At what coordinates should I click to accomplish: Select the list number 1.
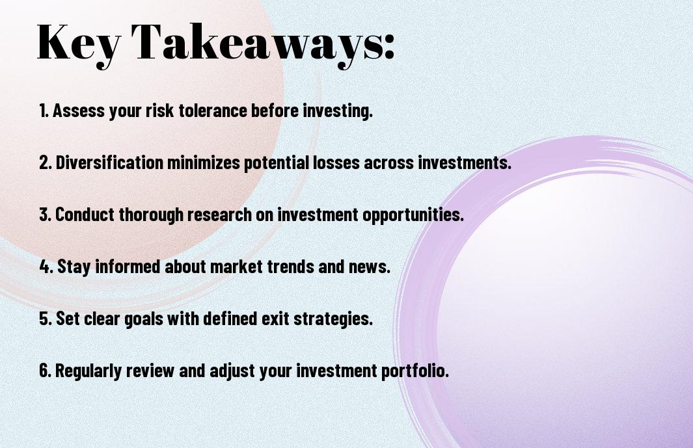(x=43, y=111)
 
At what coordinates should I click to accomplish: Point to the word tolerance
(x=213, y=111)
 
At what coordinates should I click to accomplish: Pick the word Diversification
(x=109, y=163)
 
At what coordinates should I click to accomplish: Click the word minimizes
(x=203, y=163)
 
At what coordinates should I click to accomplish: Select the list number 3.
(x=45, y=215)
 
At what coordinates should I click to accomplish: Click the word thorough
(x=151, y=215)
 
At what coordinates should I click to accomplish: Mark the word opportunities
(x=413, y=215)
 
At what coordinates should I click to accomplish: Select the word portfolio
(x=415, y=371)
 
